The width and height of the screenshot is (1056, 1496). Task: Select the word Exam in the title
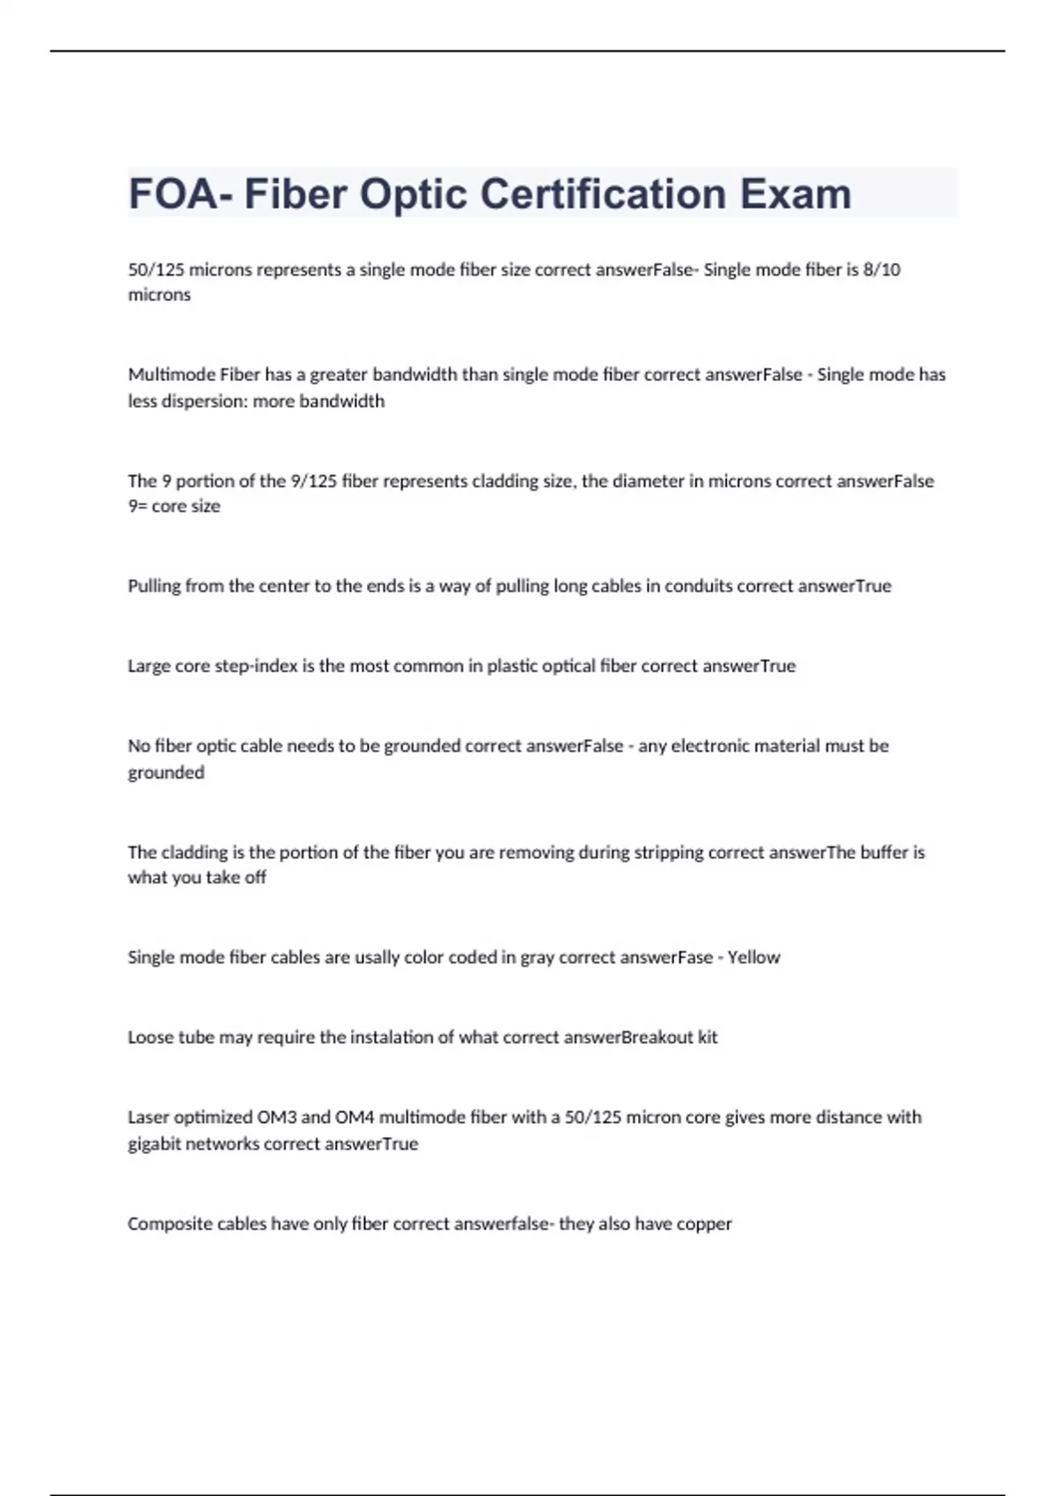(x=796, y=194)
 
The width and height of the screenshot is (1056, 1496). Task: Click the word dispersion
(x=204, y=401)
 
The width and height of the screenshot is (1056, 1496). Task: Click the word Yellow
(x=753, y=957)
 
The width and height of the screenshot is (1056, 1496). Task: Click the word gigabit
(x=160, y=1144)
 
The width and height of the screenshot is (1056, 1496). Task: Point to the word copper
(x=704, y=1224)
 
